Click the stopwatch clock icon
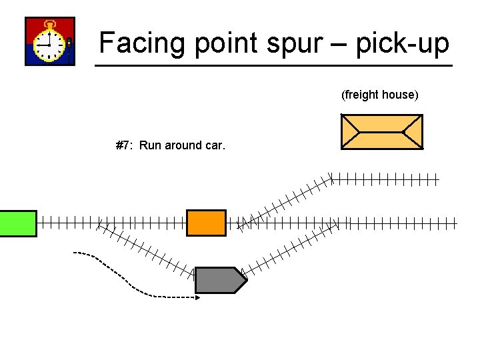tap(50, 41)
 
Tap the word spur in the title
tap(293, 44)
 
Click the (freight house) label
tap(379, 95)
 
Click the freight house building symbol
tap(381, 131)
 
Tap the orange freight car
tap(206, 223)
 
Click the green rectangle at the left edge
tap(18, 223)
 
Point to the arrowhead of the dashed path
tap(197, 298)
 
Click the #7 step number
tap(122, 145)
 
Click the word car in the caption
tap(215, 145)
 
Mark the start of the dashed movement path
tap(75, 253)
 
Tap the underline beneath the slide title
tap(273, 65)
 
